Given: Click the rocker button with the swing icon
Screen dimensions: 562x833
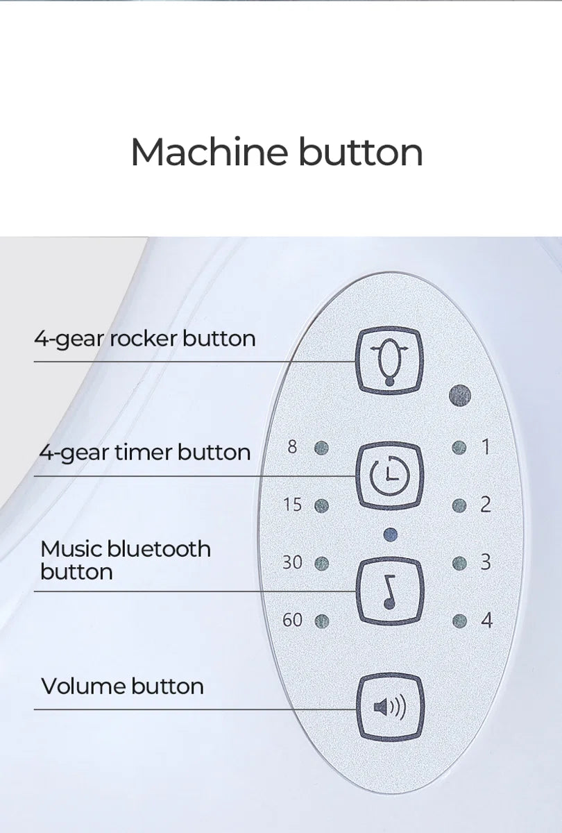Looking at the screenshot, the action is [x=389, y=362].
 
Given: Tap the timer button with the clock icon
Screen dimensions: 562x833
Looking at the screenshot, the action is [x=389, y=476].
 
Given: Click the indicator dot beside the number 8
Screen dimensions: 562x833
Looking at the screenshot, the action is [x=321, y=448].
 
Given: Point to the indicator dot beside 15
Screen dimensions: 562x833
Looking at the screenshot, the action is [x=321, y=506].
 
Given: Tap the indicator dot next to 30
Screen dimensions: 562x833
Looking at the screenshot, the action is [x=321, y=564].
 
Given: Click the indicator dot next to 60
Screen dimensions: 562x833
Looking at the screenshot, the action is [x=322, y=621].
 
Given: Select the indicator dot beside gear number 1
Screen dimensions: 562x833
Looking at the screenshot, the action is [x=459, y=447].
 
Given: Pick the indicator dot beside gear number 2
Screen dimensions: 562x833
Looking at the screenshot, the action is [x=459, y=505].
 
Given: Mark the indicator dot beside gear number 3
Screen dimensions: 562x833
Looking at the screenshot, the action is [x=460, y=563].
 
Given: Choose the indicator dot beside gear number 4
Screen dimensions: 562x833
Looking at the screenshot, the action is [x=460, y=621].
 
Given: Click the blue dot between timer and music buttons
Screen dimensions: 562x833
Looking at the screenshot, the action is [x=390, y=535].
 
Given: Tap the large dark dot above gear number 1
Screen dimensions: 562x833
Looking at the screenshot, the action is [x=460, y=395].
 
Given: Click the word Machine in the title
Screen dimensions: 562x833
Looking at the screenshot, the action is [x=210, y=152].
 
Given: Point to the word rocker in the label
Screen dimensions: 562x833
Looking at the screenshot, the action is [x=144, y=339].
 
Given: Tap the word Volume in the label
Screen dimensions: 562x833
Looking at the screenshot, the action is [x=84, y=686].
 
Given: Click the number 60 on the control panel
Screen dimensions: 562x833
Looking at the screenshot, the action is [x=292, y=620].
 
